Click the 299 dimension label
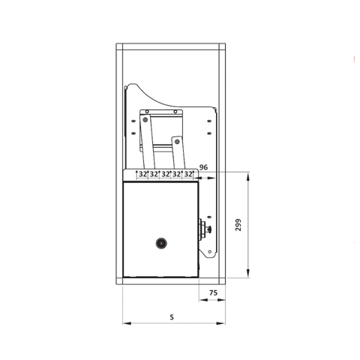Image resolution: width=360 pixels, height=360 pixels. click(x=238, y=225)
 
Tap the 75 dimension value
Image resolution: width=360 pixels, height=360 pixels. click(x=213, y=292)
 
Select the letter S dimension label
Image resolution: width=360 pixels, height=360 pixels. click(x=172, y=317)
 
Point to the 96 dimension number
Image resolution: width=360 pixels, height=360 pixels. click(x=204, y=167)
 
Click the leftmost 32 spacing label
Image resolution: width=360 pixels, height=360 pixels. click(x=142, y=174)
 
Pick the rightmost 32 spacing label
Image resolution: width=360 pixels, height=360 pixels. click(x=188, y=174)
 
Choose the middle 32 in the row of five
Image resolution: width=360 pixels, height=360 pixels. click(x=165, y=174)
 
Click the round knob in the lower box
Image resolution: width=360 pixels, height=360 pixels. click(x=161, y=243)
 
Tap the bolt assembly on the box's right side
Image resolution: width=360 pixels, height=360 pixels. click(x=205, y=229)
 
